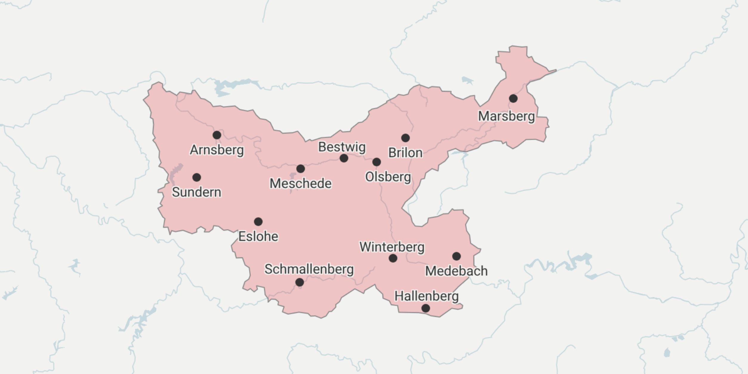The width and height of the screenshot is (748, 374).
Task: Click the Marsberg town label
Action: coord(506,116)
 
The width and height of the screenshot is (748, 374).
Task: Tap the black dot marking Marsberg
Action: coord(513,98)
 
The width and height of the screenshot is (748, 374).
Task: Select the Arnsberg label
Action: coord(217,150)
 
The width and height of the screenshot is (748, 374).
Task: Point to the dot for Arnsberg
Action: coord(217,135)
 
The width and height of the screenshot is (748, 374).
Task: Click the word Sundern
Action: coord(197,192)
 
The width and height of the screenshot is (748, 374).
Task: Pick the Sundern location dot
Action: coord(197,177)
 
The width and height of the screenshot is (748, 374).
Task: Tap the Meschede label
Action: coord(300,183)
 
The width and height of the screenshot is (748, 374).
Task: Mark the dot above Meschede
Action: coord(300,169)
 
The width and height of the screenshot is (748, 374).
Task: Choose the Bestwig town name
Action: coord(342,147)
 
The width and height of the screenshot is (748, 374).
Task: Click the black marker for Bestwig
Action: coord(344,158)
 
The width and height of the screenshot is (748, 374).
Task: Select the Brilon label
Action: coord(405,153)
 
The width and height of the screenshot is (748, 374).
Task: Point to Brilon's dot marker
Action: coord(405,138)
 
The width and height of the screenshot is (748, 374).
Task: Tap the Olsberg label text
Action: coord(388,177)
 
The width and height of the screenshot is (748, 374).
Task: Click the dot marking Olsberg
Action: coord(377,162)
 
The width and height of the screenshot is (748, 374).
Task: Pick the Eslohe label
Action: coord(258,237)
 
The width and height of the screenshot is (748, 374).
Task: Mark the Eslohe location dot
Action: coord(258,222)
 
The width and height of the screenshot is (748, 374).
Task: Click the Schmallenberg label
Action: coord(309,269)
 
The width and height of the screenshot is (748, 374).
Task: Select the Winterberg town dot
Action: coord(393,258)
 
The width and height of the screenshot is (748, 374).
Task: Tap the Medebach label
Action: coord(456,271)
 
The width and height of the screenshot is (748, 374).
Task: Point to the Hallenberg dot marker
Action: coord(426,308)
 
